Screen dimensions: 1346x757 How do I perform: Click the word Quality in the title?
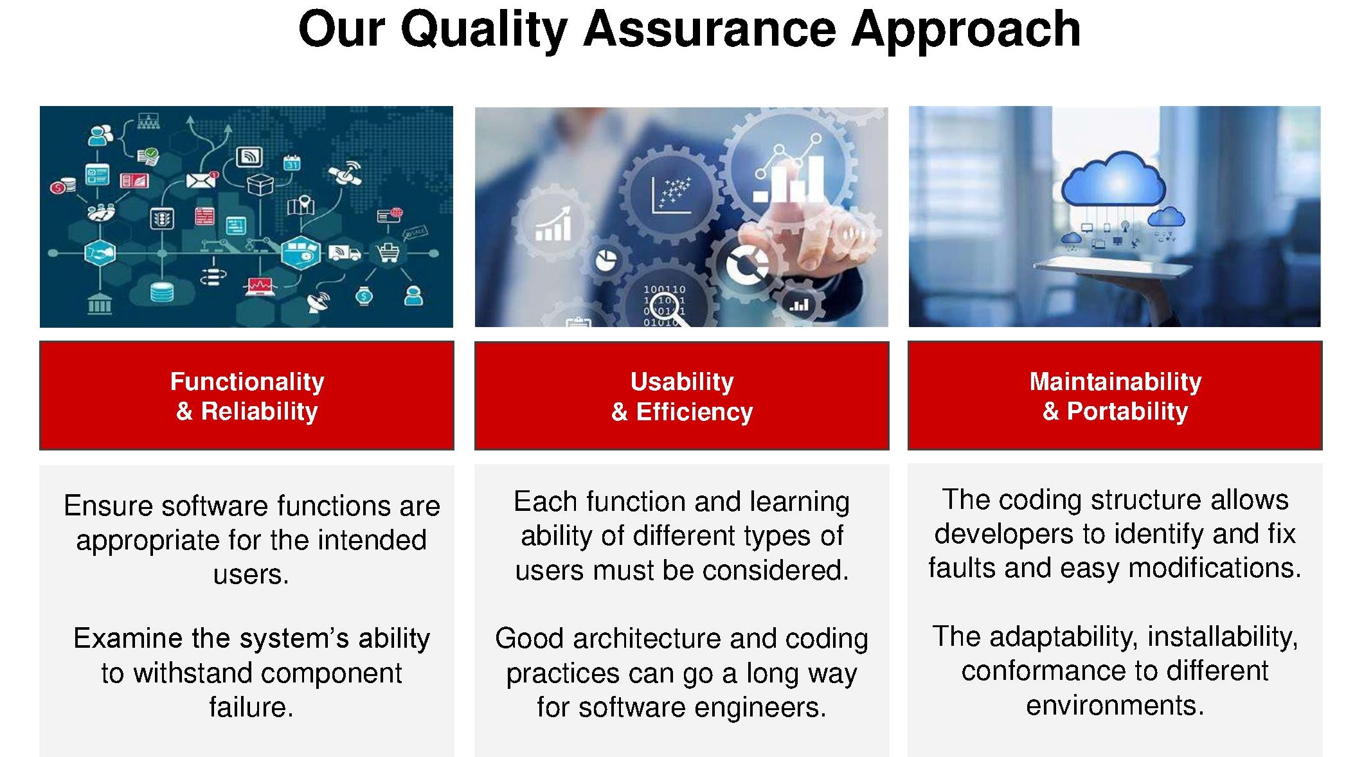(x=484, y=30)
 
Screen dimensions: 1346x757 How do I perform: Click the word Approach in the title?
(x=965, y=30)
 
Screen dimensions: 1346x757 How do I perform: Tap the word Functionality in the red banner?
(x=247, y=382)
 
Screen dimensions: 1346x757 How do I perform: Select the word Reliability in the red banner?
(x=259, y=411)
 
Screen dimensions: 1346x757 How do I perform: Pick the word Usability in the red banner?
(x=682, y=382)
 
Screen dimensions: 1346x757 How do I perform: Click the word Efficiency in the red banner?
(x=694, y=411)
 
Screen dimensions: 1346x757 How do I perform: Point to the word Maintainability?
(x=1115, y=382)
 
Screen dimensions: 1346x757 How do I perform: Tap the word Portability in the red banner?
(x=1127, y=411)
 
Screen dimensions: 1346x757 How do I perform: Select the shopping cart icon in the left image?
(x=388, y=253)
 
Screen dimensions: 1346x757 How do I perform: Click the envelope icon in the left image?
(x=201, y=180)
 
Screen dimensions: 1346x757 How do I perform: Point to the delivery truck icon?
(x=345, y=253)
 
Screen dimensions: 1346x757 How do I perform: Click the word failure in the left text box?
(x=251, y=707)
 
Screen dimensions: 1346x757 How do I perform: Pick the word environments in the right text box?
(x=1115, y=706)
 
